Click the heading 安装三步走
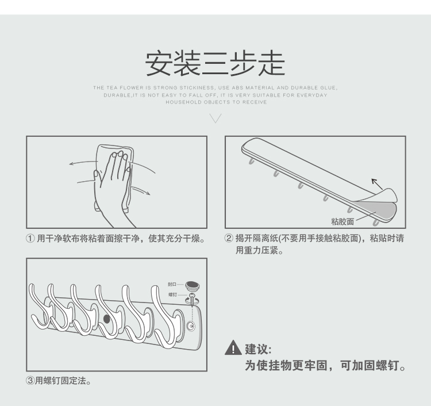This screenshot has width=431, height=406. pos(215,63)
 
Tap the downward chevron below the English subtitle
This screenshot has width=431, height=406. pos(215,118)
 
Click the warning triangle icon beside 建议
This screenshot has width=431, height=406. pos(233,348)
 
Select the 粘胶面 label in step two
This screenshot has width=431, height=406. pos(343,221)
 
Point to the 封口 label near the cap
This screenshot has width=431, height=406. pos(172,284)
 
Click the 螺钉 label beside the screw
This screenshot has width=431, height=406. pos(172,295)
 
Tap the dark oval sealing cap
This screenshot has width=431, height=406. pos(192,286)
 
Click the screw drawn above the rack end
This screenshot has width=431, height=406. pos(192,299)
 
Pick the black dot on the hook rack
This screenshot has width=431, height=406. pos(107,319)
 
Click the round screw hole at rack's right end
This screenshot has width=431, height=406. pos(191,326)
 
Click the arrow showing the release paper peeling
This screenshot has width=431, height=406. pos(377,184)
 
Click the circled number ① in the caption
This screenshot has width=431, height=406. pos(30,238)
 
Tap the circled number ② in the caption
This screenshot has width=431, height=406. pos(229,238)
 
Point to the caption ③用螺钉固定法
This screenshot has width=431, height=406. pos(58,381)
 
